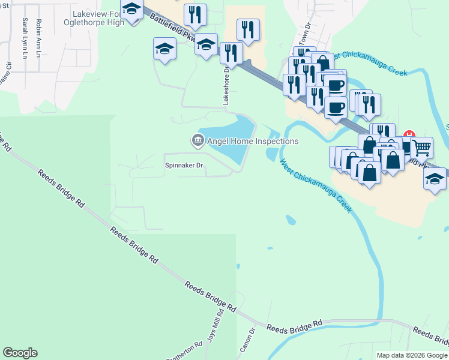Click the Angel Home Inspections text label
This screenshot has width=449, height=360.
tap(253, 141)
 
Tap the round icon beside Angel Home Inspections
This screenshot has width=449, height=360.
tap(197, 141)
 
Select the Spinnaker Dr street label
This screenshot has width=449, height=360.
tap(184, 165)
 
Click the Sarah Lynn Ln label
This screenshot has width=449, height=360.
tap(25, 38)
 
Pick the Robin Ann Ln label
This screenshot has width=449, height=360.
tap(39, 38)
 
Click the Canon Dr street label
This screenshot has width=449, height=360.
tap(252, 338)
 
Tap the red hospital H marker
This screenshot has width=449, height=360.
tap(409, 134)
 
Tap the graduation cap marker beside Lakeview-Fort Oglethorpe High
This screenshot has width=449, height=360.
tap(131, 9)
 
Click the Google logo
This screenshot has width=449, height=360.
tap(20, 353)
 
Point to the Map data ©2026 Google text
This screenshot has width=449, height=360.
tap(412, 355)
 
